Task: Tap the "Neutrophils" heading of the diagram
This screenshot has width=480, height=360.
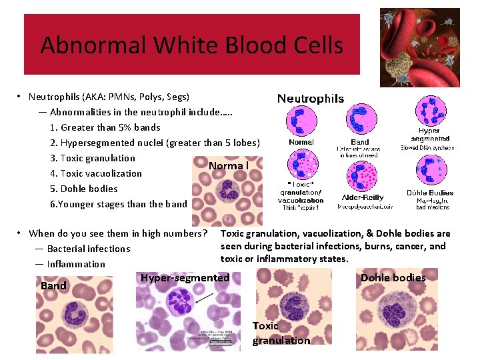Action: [x=311, y=99]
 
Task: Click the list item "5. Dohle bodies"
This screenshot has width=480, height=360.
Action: [x=83, y=189]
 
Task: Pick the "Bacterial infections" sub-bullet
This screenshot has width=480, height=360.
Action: [x=88, y=249]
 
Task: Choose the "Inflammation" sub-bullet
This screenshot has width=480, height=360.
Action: [x=76, y=264]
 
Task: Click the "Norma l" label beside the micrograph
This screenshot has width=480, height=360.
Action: [x=228, y=165]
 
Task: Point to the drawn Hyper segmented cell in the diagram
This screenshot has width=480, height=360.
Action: [x=430, y=111]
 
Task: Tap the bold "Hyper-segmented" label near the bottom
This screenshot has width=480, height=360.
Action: [x=185, y=278]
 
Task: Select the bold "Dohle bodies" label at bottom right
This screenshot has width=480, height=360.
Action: [x=393, y=278]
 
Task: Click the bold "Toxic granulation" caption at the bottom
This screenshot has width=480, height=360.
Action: [x=281, y=333]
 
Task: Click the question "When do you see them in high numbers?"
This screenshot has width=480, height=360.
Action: [x=118, y=233]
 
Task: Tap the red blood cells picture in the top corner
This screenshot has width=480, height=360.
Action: [x=419, y=47]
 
